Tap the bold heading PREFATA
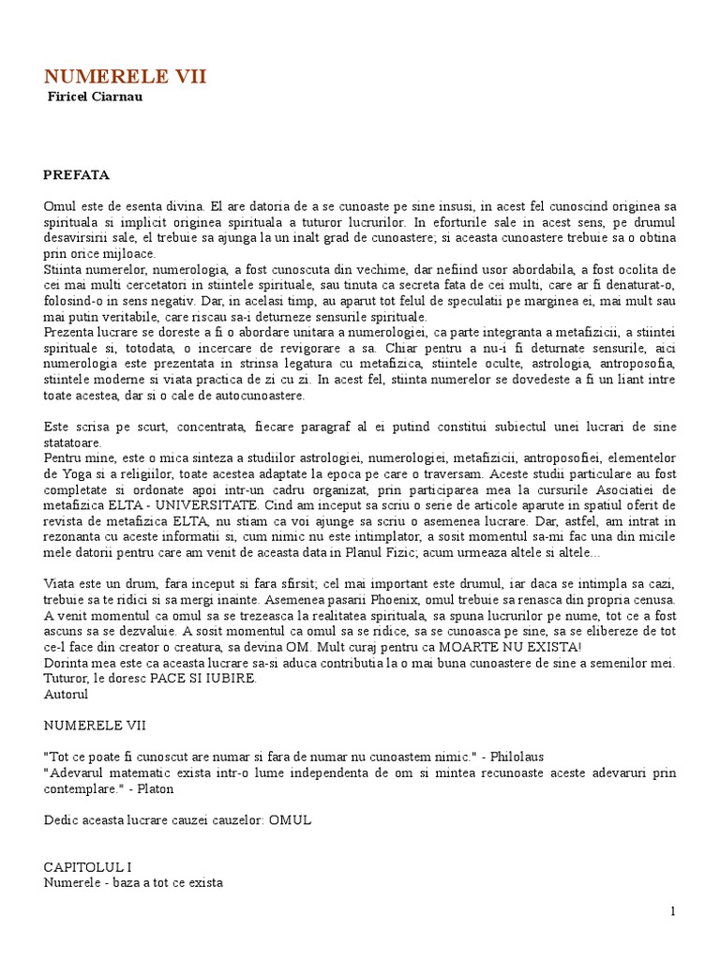77,174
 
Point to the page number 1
672,910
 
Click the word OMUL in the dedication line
289,819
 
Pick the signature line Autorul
66,695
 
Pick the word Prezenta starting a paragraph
69,332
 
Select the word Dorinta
69,664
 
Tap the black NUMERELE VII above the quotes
95,725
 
